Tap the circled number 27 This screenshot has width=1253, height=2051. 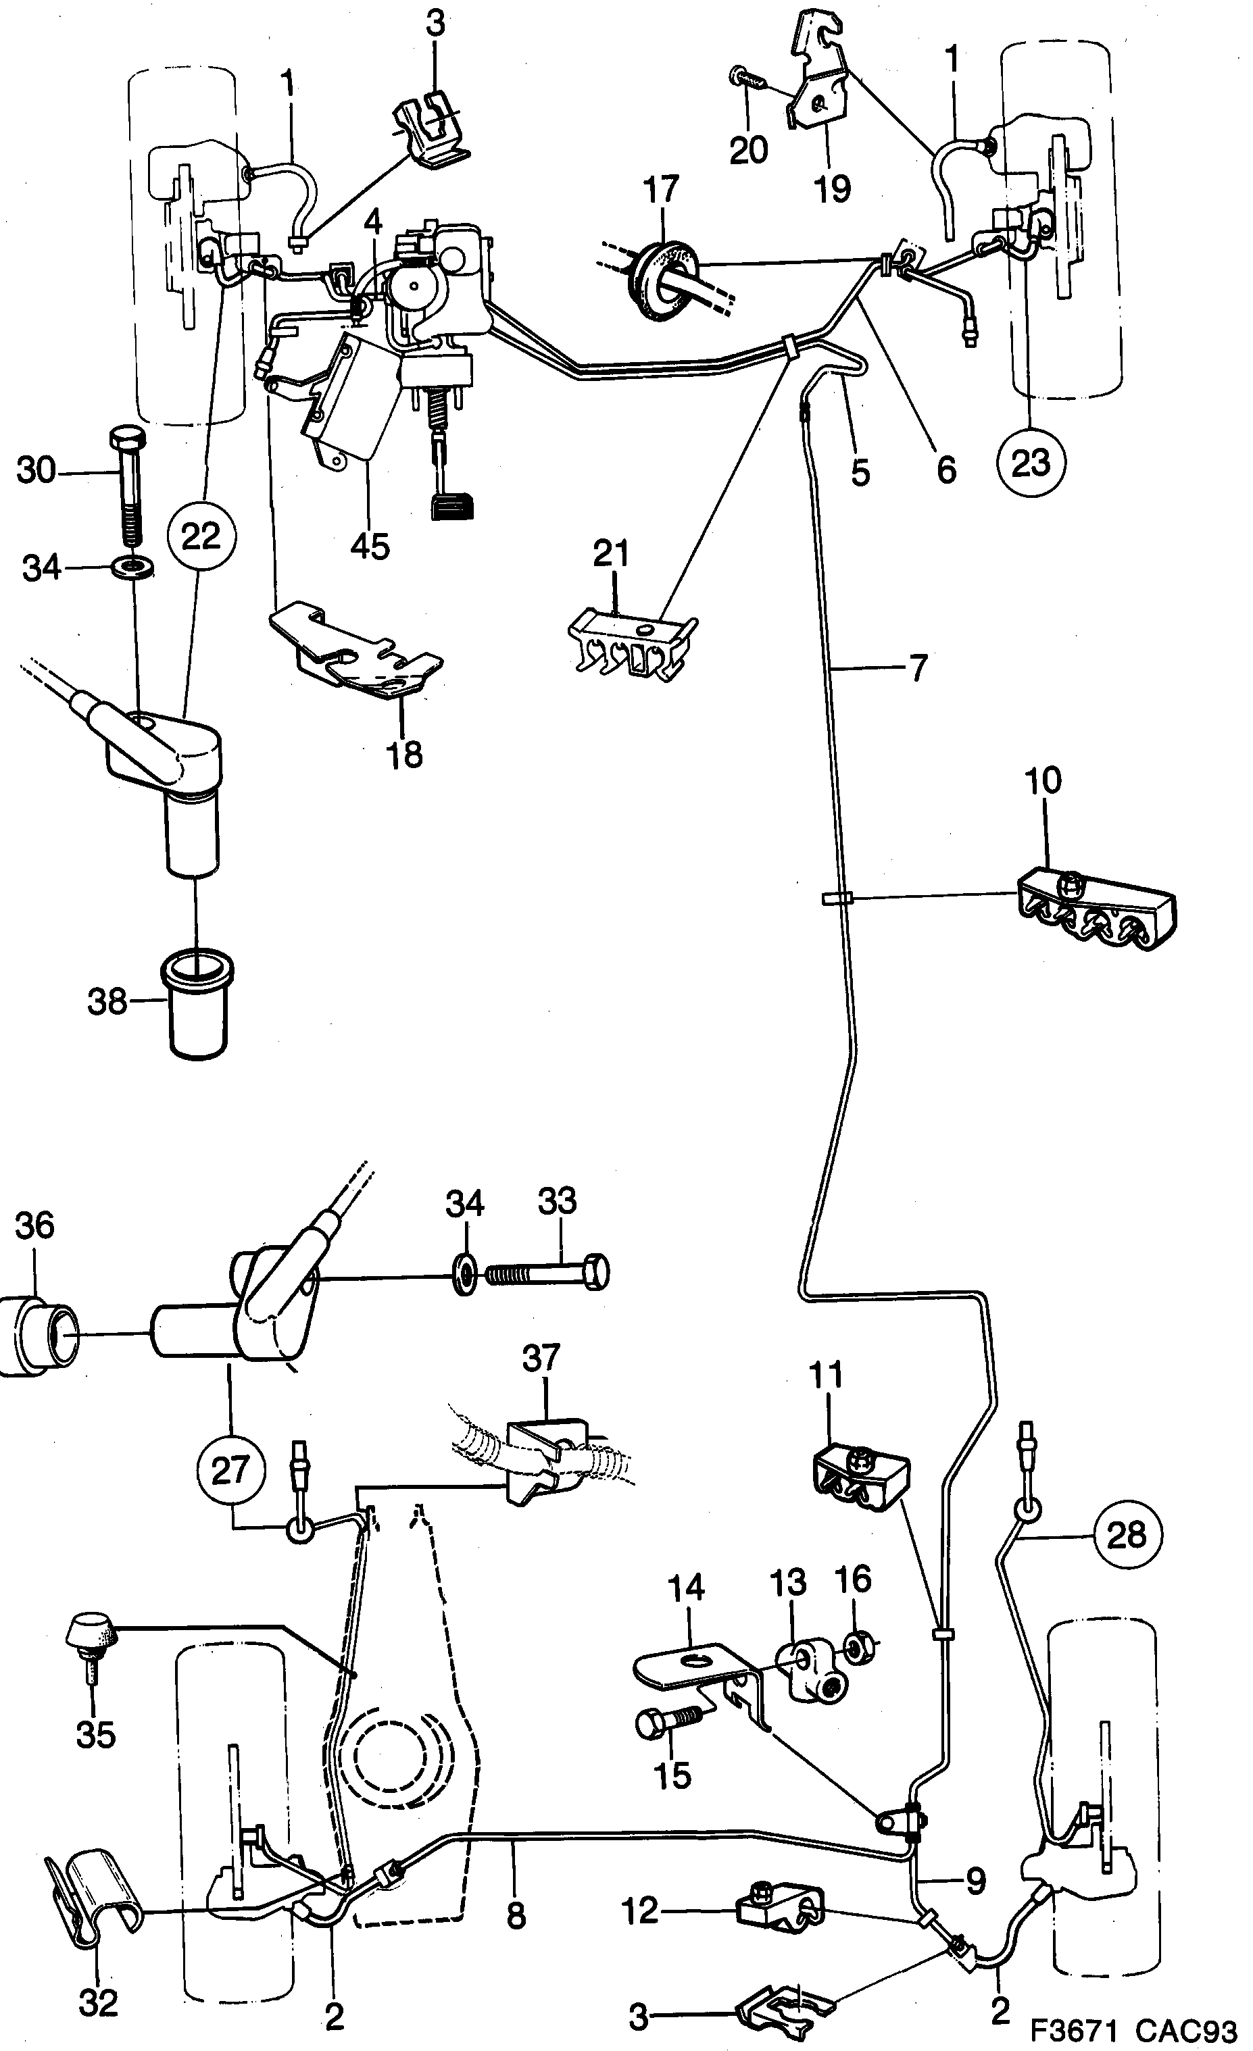tap(230, 1470)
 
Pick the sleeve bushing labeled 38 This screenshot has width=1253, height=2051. tap(197, 1007)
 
